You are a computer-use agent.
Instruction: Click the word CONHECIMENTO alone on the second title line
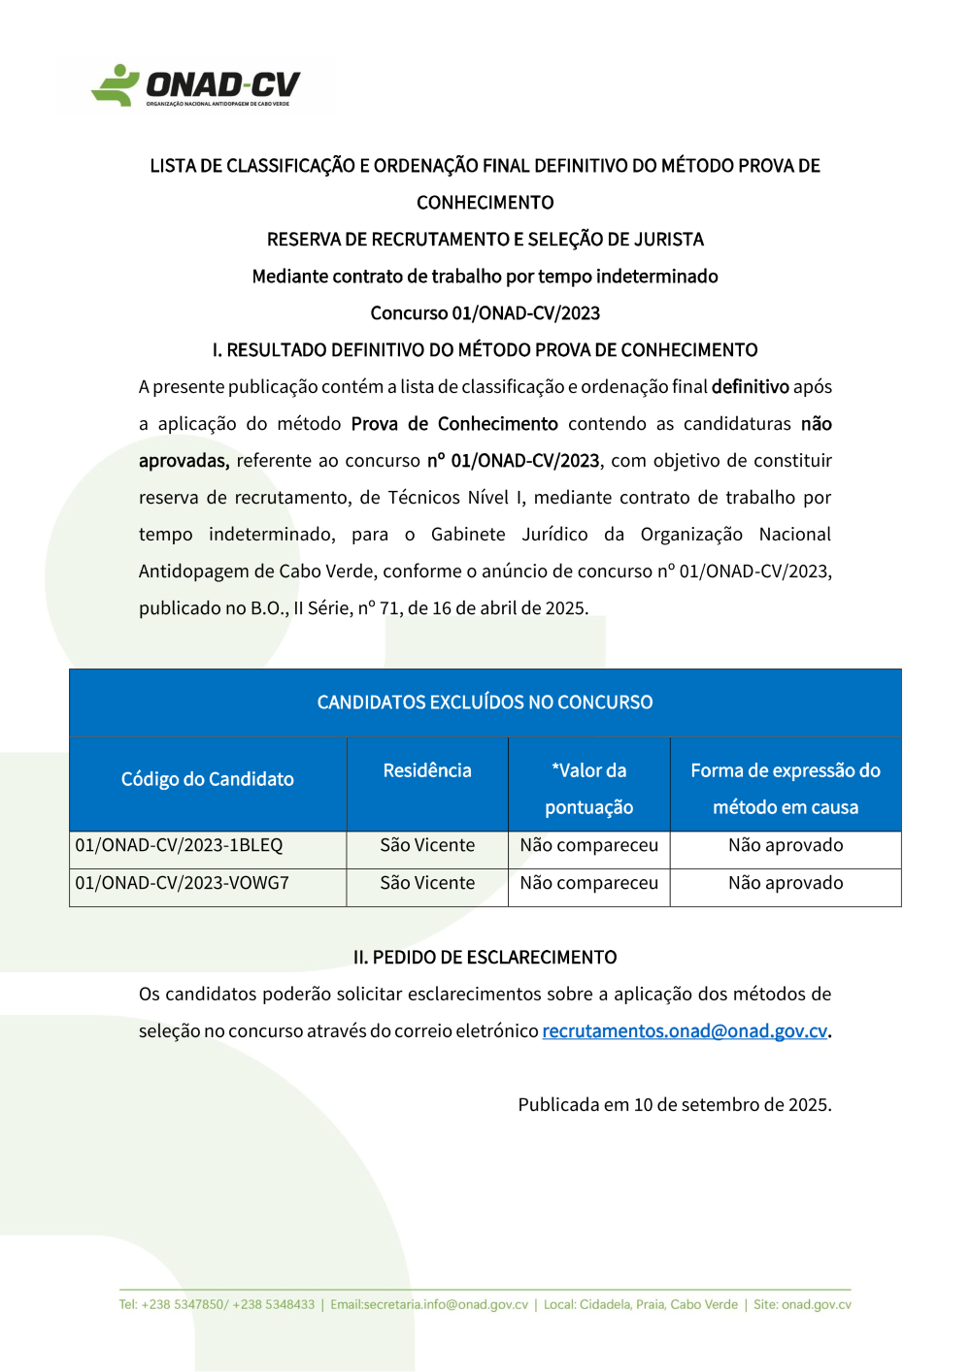tap(485, 203)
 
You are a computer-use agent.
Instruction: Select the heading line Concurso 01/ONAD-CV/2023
tap(485, 313)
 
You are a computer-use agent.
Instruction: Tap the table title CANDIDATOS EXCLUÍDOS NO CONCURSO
tap(485, 702)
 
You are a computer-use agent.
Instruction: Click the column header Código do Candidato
tap(207, 779)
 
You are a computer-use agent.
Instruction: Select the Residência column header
tap(427, 770)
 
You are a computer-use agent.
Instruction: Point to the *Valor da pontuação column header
tap(588, 788)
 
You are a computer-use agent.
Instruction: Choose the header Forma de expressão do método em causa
tap(786, 788)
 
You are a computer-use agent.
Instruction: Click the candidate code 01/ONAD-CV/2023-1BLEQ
tap(179, 845)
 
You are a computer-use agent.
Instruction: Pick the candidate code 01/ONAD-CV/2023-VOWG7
tap(182, 883)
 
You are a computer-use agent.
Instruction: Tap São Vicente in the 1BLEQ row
tap(427, 845)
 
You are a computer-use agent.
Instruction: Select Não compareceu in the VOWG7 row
tap(588, 883)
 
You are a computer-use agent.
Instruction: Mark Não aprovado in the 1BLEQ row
tap(786, 845)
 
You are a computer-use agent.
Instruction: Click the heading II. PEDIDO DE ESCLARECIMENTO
tap(485, 958)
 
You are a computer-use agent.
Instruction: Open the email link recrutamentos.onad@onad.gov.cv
tap(685, 1031)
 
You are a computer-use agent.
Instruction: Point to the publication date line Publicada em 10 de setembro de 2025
tap(674, 1105)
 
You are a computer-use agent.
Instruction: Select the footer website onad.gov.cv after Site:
tap(816, 1305)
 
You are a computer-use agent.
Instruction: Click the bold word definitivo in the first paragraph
tap(750, 387)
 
